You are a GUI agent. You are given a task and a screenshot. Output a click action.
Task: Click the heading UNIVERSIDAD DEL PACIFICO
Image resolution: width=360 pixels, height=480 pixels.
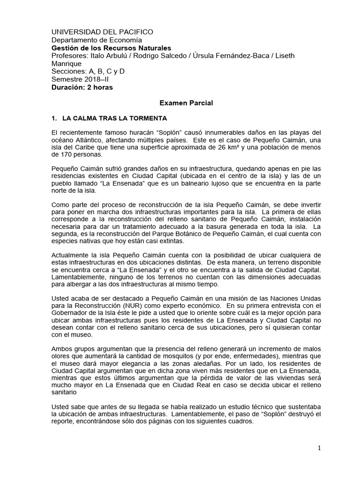[102, 32]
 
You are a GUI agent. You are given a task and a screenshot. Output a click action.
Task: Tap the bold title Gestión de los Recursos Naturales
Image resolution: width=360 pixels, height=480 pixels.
[111, 48]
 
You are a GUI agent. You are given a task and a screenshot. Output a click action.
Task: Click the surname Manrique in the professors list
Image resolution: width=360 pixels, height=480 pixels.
[66, 64]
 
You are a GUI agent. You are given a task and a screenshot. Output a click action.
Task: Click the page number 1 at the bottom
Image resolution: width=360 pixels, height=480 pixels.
[319, 448]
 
